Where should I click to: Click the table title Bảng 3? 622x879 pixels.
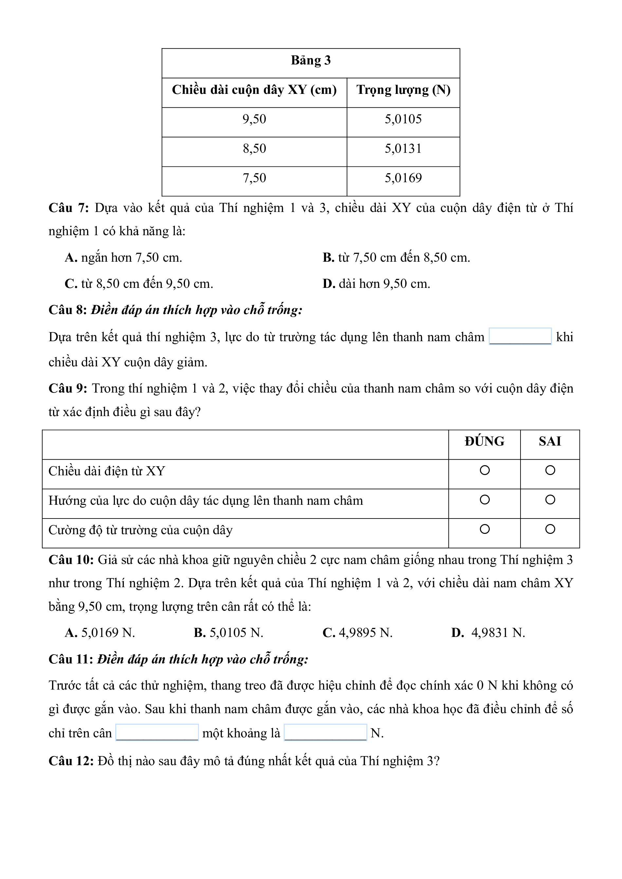(x=311, y=61)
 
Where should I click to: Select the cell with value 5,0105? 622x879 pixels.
(x=403, y=119)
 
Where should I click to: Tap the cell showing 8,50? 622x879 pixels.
(x=254, y=149)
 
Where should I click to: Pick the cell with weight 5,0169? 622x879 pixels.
(x=403, y=178)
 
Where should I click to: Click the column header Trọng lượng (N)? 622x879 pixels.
(x=403, y=90)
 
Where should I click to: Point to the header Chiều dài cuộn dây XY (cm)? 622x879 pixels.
(x=254, y=90)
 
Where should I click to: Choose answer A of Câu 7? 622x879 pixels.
(x=123, y=258)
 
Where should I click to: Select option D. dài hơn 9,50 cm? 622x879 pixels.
(x=376, y=284)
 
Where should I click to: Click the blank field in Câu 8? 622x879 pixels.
(x=520, y=337)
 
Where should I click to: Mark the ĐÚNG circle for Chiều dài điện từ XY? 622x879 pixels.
(x=485, y=470)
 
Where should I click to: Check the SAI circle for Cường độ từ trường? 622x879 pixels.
(x=550, y=529)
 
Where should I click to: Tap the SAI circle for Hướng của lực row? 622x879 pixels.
(x=550, y=500)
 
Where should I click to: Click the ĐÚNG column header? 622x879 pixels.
(x=485, y=441)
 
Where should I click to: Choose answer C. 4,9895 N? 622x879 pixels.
(x=357, y=633)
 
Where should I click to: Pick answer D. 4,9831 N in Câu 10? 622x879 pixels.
(x=488, y=633)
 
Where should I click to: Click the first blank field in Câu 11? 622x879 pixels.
(x=157, y=733)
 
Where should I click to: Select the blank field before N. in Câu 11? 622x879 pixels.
(x=325, y=733)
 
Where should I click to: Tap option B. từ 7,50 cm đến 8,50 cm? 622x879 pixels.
(x=396, y=258)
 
